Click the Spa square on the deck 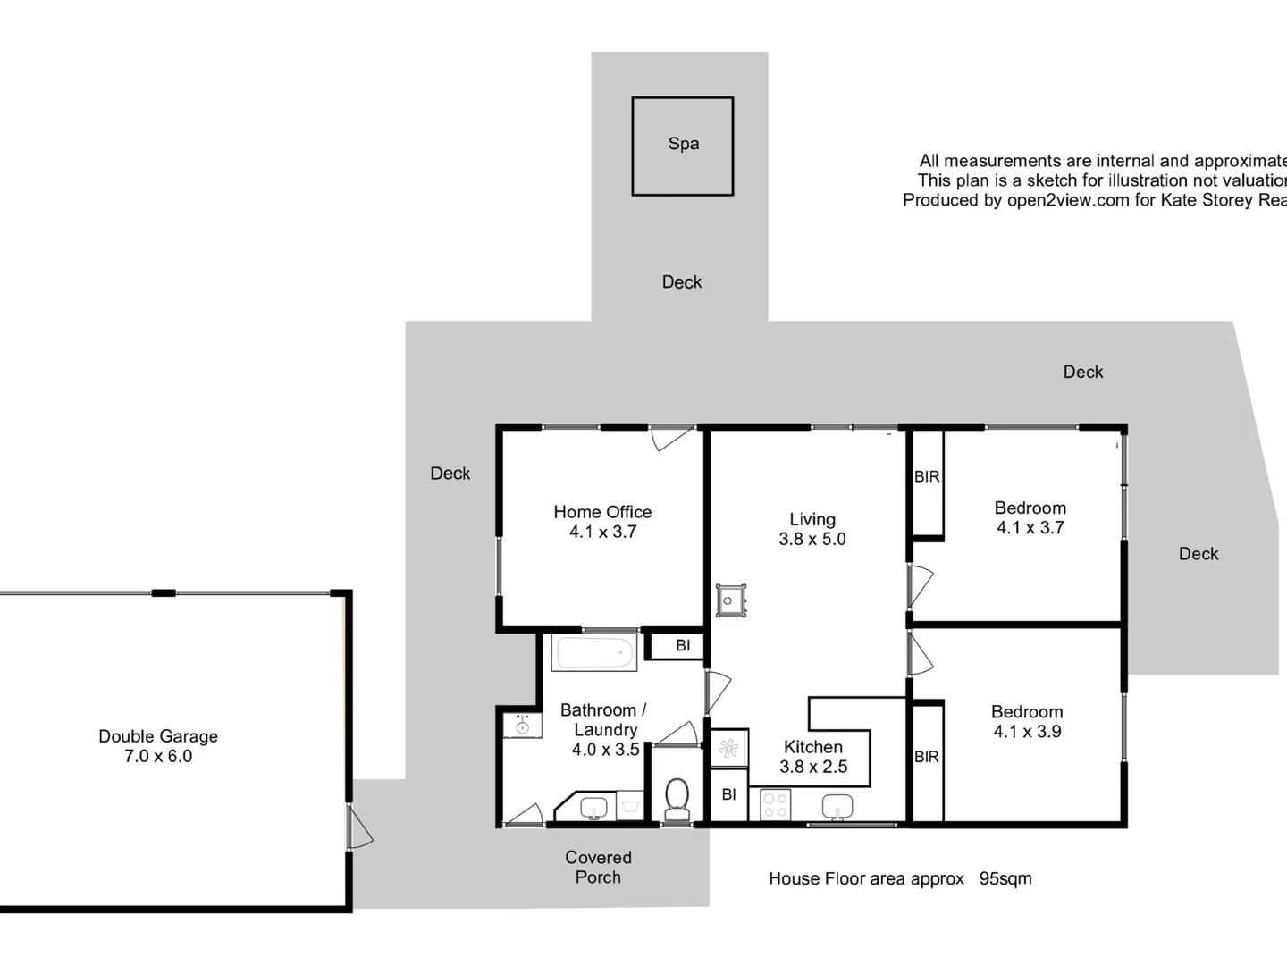(683, 146)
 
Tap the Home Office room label (602, 512)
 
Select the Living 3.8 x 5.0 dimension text (812, 540)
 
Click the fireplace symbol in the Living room (728, 600)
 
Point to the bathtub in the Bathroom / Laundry (594, 653)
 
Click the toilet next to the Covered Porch (677, 798)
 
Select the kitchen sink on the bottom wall (837, 806)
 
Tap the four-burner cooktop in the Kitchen (775, 804)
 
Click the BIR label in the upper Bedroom (927, 477)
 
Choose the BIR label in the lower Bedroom (927, 757)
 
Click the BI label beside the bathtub (683, 645)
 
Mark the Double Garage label (158, 736)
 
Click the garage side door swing (359, 827)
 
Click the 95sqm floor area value (1005, 878)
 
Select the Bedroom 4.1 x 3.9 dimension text (1027, 732)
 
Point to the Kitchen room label (812, 747)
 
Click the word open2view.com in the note (1068, 200)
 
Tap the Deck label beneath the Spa (682, 282)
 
